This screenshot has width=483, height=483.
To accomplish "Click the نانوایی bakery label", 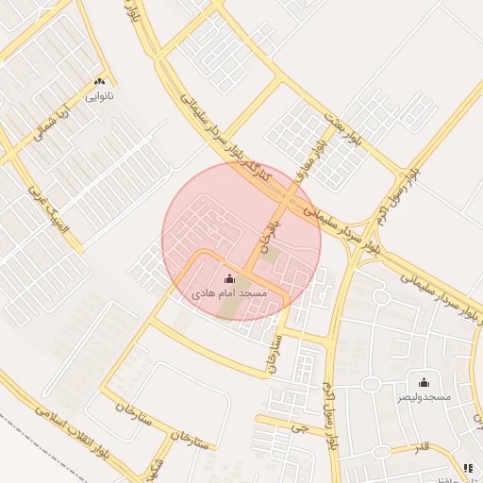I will tap(99, 95).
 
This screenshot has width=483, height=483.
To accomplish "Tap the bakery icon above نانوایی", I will tap(99, 82).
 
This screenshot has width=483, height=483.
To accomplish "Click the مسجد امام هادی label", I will tap(230, 294).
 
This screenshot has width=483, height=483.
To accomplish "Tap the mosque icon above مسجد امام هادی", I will tap(230, 279).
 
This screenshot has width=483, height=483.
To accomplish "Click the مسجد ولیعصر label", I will tap(424, 398).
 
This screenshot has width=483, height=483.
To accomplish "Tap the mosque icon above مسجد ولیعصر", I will tap(424, 382).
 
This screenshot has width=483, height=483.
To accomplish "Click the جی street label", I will tap(301, 426).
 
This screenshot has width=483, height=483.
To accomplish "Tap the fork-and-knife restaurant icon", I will tap(469, 468).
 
